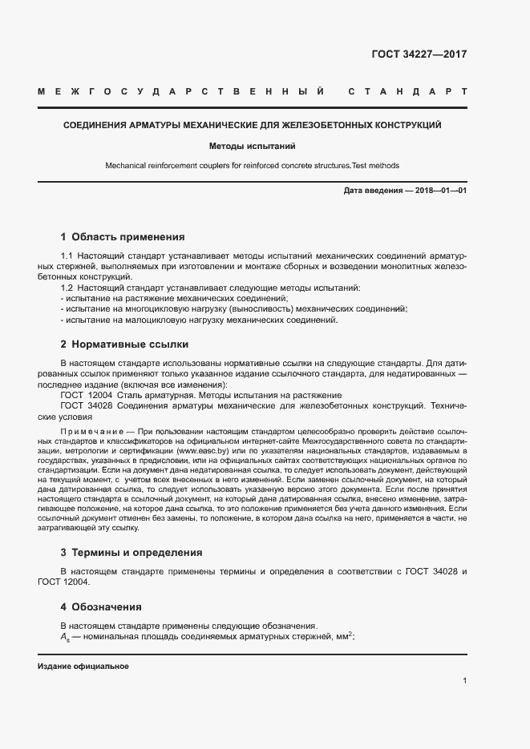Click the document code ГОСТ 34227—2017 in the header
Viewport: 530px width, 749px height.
point(419,55)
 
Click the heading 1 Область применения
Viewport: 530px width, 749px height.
point(123,237)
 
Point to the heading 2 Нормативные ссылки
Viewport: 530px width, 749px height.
point(124,344)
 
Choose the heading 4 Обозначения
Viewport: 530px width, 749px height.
point(101,607)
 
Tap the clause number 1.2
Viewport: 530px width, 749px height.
point(67,288)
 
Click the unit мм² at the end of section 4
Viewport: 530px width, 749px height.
point(344,636)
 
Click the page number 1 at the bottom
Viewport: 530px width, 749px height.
point(464,681)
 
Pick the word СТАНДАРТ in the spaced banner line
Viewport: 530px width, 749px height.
point(407,91)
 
